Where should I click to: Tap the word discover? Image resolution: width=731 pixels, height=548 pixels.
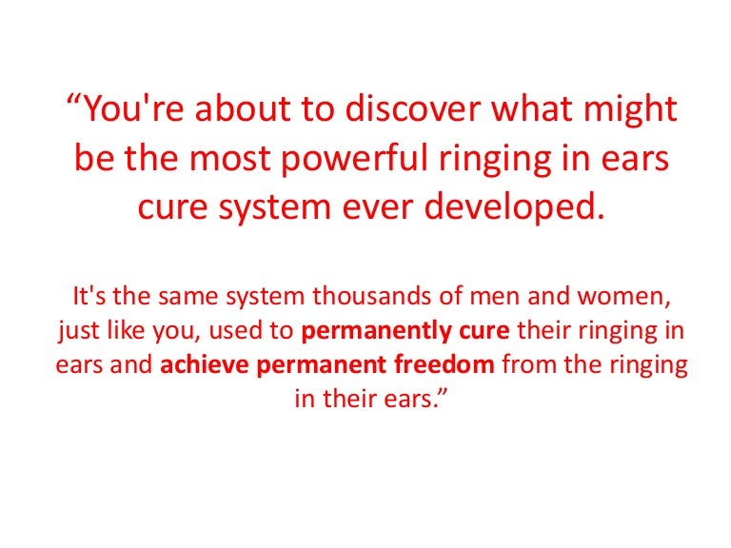[412, 108]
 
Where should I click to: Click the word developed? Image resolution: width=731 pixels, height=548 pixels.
[514, 207]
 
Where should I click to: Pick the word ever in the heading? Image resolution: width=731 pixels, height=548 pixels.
[378, 209]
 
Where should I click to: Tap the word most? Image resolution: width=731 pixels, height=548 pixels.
[229, 160]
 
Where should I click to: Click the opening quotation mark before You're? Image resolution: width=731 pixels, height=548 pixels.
[73, 100]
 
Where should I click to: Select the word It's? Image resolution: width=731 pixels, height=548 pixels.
[89, 297]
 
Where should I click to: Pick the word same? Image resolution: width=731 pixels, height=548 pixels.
[188, 298]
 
